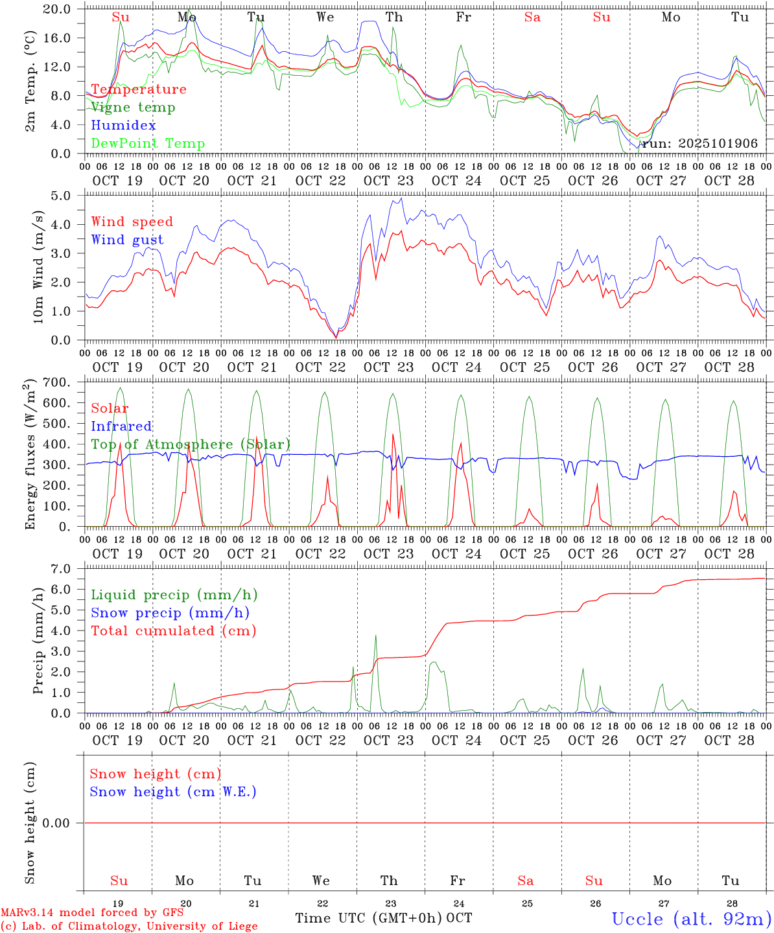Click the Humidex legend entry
(123, 126)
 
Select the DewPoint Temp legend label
(148, 144)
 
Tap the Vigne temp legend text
(133, 108)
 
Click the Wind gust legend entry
(127, 240)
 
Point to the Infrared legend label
(121, 426)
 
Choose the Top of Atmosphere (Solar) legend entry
(191, 444)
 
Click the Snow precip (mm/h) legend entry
(170, 613)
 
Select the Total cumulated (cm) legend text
(173, 631)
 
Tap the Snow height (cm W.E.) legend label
(173, 792)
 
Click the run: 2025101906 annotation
(699, 144)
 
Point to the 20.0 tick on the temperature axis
(57, 10)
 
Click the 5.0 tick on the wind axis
(62, 196)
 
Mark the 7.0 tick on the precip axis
(62, 569)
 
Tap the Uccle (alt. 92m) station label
(691, 919)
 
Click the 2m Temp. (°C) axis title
(30, 81)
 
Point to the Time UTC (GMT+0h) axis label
(369, 918)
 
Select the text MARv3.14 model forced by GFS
(92, 913)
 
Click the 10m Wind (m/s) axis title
(38, 266)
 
